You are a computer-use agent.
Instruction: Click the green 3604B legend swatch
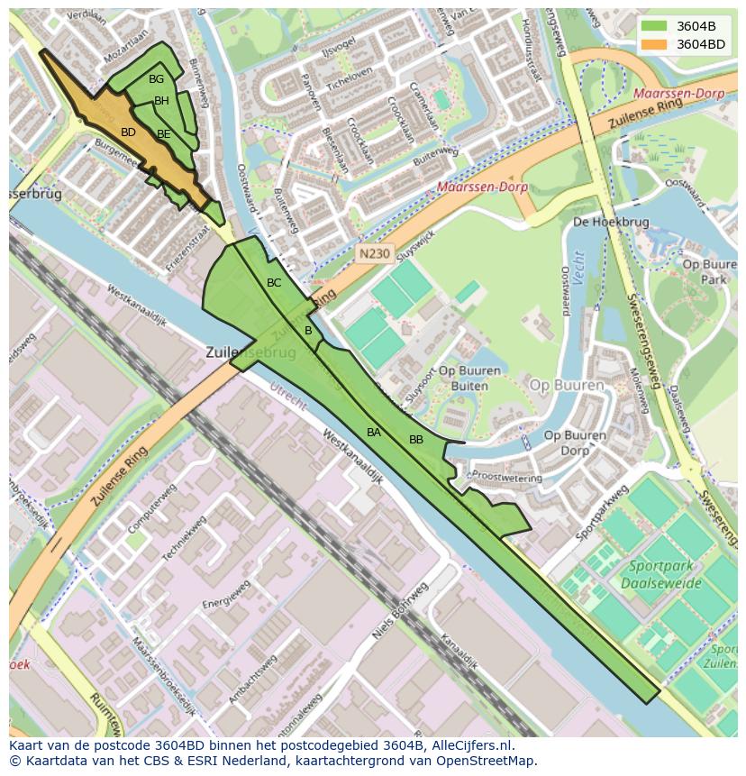[x=654, y=25]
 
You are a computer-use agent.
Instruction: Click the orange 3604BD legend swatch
[x=654, y=43]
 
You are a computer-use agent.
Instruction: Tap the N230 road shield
[x=372, y=254]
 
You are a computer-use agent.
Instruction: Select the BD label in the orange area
[x=128, y=132]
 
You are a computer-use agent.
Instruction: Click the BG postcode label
[x=156, y=79]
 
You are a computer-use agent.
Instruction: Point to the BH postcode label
[x=161, y=101]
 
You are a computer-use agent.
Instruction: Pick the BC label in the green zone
[x=274, y=283]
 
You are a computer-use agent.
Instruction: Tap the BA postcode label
[x=374, y=433]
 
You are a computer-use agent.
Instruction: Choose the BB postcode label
[x=416, y=440]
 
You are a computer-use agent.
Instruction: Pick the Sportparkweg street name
[x=601, y=511]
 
